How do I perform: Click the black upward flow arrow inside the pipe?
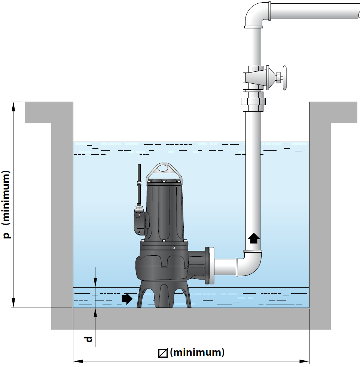click(x=254, y=238)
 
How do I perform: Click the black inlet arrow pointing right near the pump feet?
click(x=127, y=299)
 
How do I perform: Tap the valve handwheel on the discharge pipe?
click(x=284, y=78)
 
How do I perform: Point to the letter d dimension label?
click(x=88, y=339)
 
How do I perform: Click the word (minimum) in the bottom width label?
click(x=197, y=352)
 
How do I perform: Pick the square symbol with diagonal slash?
click(x=163, y=353)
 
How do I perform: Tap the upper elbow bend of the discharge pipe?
click(x=256, y=14)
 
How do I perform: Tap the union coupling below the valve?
click(x=253, y=102)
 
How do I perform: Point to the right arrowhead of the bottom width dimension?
click(x=304, y=361)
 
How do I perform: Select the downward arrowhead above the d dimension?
click(x=95, y=283)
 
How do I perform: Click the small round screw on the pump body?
click(x=174, y=248)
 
